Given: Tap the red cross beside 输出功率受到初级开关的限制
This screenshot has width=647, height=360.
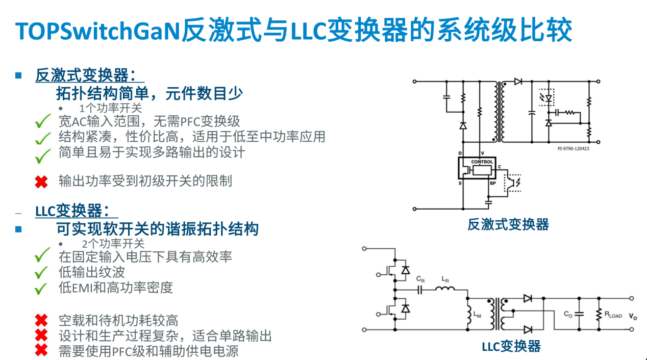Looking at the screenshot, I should pyautogui.click(x=41, y=181).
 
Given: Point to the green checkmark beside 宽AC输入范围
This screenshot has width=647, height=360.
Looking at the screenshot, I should pyautogui.click(x=43, y=122).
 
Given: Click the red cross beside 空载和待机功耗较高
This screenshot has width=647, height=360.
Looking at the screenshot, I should pyautogui.click(x=41, y=321).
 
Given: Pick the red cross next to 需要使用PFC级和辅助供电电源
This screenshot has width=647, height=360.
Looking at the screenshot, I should pyautogui.click(x=41, y=350).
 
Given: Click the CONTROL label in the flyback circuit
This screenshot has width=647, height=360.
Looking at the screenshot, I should pyautogui.click(x=482, y=162).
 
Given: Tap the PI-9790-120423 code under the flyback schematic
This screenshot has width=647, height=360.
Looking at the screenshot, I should pyautogui.click(x=573, y=149).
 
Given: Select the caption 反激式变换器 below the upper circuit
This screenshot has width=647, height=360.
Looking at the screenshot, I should pyautogui.click(x=508, y=225).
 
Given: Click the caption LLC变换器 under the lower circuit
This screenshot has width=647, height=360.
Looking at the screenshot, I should pyautogui.click(x=511, y=347).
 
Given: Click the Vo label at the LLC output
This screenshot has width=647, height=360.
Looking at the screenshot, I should pyautogui.click(x=633, y=317).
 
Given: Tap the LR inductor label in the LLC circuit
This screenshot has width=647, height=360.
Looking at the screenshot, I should pyautogui.click(x=445, y=279).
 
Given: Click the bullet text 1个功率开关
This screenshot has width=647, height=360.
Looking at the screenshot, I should pyautogui.click(x=110, y=109).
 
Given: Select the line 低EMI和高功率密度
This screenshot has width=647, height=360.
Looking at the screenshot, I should pyautogui.click(x=116, y=288).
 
